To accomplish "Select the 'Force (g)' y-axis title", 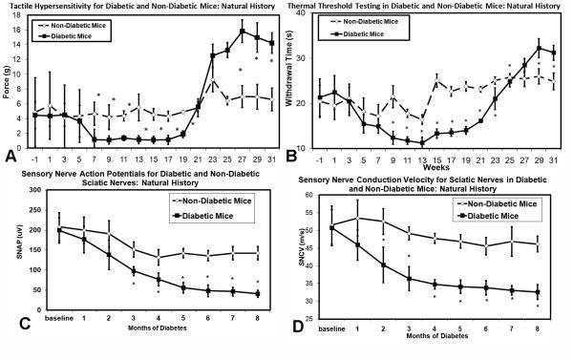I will pos(11,83).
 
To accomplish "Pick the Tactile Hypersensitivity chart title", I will pos(143,7).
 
